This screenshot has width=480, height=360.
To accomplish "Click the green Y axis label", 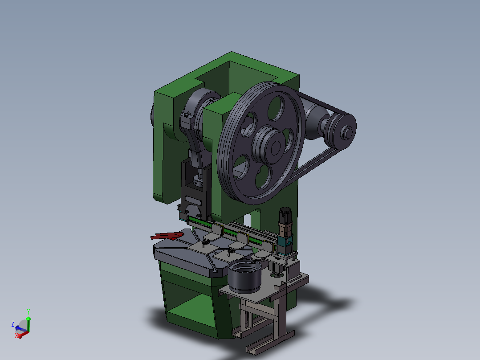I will (x=28, y=311).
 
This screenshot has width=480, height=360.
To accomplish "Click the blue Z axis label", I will (x=13, y=323).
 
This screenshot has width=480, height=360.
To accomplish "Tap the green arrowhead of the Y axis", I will (x=28, y=318).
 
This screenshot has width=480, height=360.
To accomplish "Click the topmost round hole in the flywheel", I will (x=276, y=107).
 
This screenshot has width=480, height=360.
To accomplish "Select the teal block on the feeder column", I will (x=284, y=243).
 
